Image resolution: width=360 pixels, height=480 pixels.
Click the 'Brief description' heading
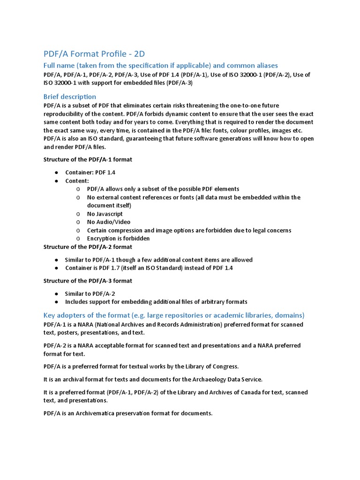click(x=70, y=97)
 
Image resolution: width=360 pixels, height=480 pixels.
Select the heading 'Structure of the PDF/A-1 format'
click(x=88, y=159)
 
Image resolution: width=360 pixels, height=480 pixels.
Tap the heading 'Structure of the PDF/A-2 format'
click(x=88, y=247)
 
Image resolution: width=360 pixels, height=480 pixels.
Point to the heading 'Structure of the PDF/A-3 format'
click(x=88, y=281)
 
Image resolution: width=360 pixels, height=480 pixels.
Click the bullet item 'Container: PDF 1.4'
click(x=94, y=172)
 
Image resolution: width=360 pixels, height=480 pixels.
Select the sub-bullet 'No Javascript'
click(x=105, y=214)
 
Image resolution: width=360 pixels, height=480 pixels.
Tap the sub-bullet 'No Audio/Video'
click(x=108, y=222)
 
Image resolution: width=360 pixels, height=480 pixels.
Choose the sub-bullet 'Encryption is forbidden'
click(x=118, y=238)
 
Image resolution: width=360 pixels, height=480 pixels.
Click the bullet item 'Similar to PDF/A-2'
click(x=90, y=293)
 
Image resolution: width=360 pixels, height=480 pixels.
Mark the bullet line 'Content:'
click(x=77, y=180)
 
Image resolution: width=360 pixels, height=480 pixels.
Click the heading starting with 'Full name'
click(x=160, y=65)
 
